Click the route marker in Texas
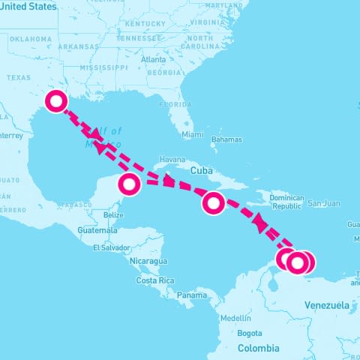coord(56,101)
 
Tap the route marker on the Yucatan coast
coord(130,183)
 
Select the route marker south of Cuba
coord(214,202)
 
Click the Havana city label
coord(172,160)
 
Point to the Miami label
coord(193,135)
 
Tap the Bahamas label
coord(226,139)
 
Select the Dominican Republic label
coord(286,202)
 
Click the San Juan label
coord(324,203)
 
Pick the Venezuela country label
coord(327,305)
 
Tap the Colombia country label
coord(259,348)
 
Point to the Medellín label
coord(235,317)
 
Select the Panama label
coord(192,295)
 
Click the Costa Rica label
coord(155,280)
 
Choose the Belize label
coord(114,215)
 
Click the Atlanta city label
coord(153,59)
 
